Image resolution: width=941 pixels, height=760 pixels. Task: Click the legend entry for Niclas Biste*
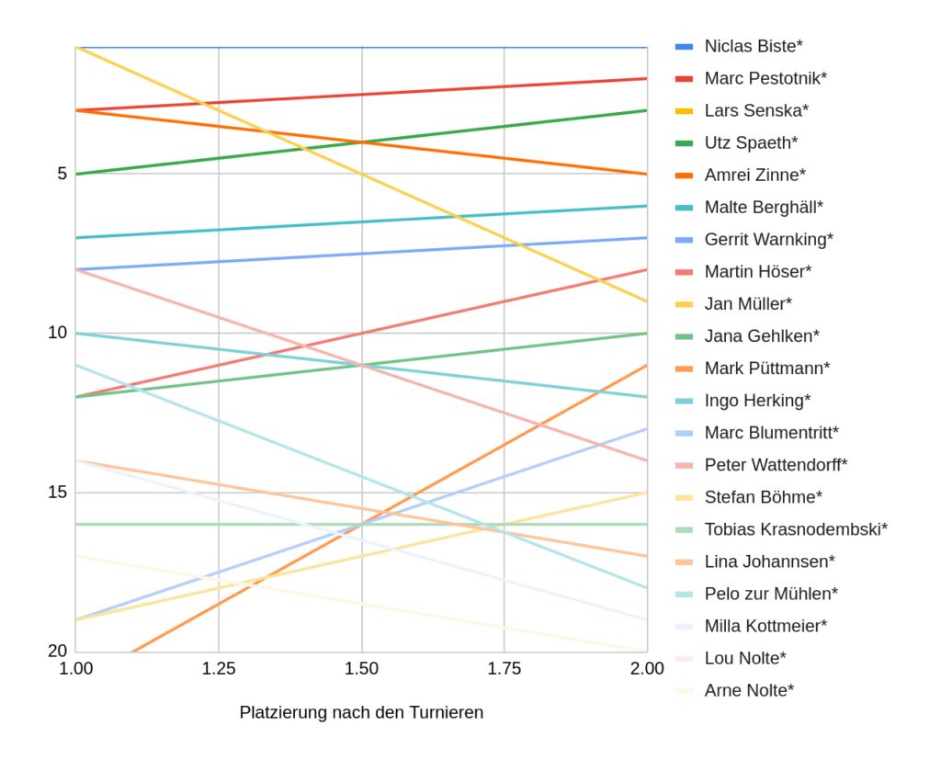pos(754,46)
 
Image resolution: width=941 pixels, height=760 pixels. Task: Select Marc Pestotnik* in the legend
pos(765,78)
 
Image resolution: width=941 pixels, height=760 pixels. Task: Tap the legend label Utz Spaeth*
pos(751,142)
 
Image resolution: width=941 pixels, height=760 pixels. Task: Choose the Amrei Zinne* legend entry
pos(754,175)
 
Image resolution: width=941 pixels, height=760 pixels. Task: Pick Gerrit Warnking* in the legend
pos(768,239)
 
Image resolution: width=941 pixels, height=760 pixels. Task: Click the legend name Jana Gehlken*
pos(762,336)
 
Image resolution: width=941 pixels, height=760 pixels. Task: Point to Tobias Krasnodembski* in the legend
pos(796,529)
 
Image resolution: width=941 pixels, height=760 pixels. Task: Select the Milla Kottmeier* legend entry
pos(765,626)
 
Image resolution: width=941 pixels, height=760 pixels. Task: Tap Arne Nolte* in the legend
pos(749,690)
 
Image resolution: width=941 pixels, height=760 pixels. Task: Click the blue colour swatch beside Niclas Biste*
pos(684,46)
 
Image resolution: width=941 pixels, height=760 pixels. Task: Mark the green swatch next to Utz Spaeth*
pos(684,142)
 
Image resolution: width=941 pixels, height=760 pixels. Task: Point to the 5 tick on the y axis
pos(62,174)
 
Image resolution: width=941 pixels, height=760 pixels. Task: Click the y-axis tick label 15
pos(57,493)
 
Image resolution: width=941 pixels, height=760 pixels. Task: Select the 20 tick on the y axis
pos(57,651)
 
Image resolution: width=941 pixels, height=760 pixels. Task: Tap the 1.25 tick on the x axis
pos(219,669)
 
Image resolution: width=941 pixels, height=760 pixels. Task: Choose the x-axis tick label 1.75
pos(504,669)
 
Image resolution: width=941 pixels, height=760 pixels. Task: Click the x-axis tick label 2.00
pos(647,669)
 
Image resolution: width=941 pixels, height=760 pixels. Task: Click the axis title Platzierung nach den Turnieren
pos(361,712)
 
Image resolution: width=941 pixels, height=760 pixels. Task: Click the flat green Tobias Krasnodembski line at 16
pos(276,524)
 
